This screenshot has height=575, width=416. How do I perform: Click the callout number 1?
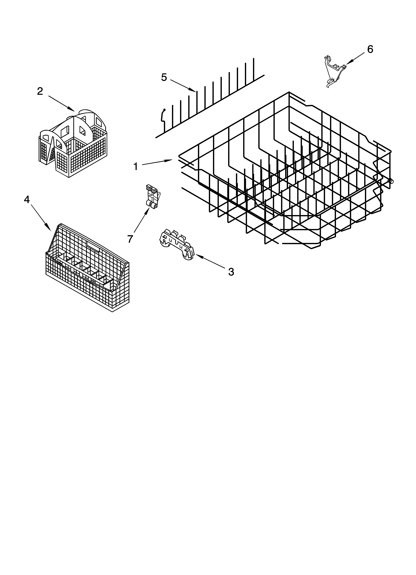136,167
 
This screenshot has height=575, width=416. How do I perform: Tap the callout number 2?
40,91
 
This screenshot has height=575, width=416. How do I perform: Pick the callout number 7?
130,239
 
